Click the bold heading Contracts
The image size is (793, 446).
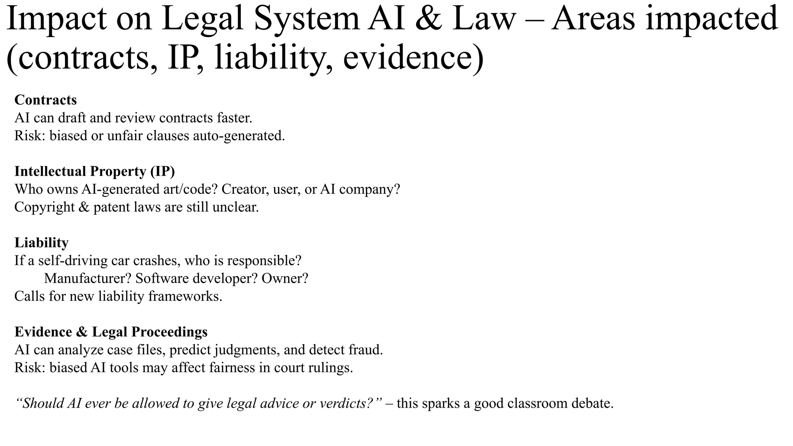click(46, 100)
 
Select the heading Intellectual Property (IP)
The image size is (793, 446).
click(94, 171)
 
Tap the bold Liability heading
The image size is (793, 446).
click(41, 243)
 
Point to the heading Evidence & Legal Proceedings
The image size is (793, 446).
click(111, 332)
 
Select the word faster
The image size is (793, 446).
click(234, 118)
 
